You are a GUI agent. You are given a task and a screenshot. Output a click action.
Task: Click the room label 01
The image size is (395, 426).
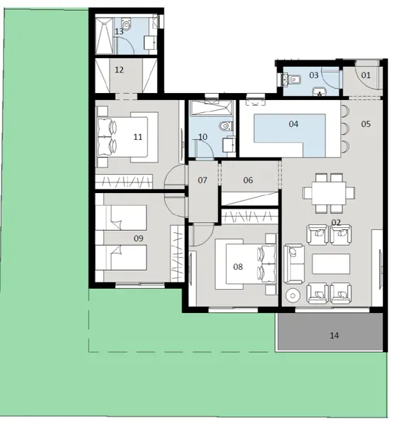(x=366, y=75)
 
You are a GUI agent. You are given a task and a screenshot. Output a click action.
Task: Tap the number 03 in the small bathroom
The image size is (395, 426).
(x=314, y=75)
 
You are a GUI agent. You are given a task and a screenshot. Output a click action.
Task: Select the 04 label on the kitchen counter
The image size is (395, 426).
(x=293, y=124)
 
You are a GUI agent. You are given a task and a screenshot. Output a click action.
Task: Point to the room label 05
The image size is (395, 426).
(x=366, y=124)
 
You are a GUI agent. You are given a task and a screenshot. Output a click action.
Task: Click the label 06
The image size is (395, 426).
(x=248, y=180)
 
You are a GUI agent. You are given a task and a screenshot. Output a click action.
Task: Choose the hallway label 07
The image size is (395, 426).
(x=202, y=180)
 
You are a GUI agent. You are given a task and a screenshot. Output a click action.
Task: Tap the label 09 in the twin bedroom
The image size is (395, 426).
(x=139, y=239)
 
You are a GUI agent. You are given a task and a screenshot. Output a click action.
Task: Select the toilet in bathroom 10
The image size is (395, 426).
(x=226, y=126)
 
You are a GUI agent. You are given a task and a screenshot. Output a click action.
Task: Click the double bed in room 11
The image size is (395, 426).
(x=126, y=136)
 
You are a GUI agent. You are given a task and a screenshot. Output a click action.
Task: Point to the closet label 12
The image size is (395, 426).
(x=119, y=70)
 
